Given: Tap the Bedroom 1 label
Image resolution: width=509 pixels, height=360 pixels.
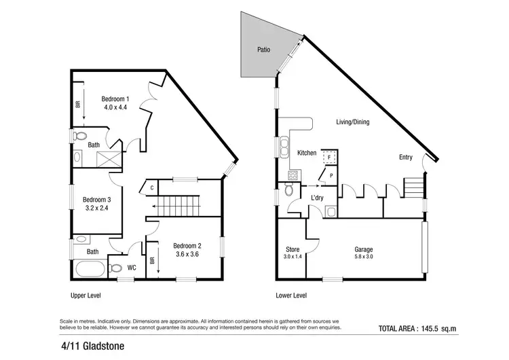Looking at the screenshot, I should tap(115, 97).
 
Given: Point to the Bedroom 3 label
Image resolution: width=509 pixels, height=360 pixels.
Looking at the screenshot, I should tap(96, 200).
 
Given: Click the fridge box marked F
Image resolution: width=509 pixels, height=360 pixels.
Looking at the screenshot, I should tap(328, 156).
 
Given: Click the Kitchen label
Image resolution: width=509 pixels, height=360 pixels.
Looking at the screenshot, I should tap(307, 153).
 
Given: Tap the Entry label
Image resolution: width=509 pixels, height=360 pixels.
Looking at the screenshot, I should tap(405, 158).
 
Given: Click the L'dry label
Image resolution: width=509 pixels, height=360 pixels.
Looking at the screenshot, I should tap(317, 197).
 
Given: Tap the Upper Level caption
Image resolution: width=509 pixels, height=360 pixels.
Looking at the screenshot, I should tap(90, 296).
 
